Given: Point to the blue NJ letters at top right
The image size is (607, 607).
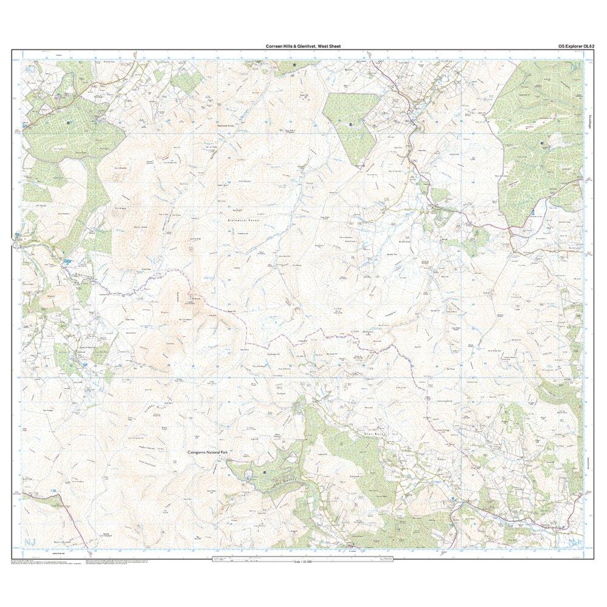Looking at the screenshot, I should point(573,66).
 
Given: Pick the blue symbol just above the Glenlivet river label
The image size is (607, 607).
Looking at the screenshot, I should point(67,262).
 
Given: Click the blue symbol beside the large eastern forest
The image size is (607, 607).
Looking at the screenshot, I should point(532,212).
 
